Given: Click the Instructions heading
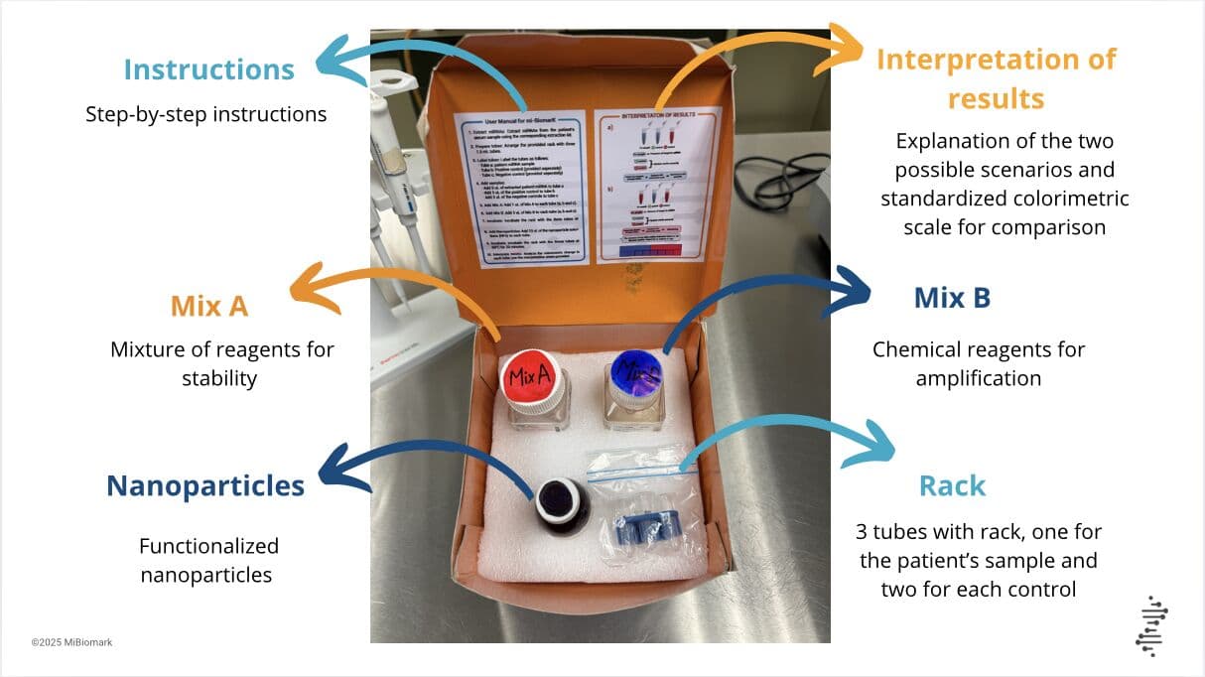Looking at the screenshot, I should tap(208, 69).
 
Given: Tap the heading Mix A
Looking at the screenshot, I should tap(208, 305).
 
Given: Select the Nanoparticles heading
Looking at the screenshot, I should tap(205, 485).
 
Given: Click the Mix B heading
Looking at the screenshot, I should tap(952, 297).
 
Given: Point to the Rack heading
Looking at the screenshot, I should tap(952, 485).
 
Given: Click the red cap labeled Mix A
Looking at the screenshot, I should tap(531, 375).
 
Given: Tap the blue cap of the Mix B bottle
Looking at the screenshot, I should tap(634, 376).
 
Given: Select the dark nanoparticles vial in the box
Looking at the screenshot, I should tap(562, 502).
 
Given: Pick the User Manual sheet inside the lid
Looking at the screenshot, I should tap(520, 188).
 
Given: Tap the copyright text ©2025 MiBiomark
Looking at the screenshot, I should tap(71, 642).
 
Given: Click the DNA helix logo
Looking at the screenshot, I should tap(1149, 625).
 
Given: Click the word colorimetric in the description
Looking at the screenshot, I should tap(1068, 199).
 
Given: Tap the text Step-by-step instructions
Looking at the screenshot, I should tap(205, 114).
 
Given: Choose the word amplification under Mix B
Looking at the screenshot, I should tap(978, 378).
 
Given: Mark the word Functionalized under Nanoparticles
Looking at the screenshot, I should tap(208, 546).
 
